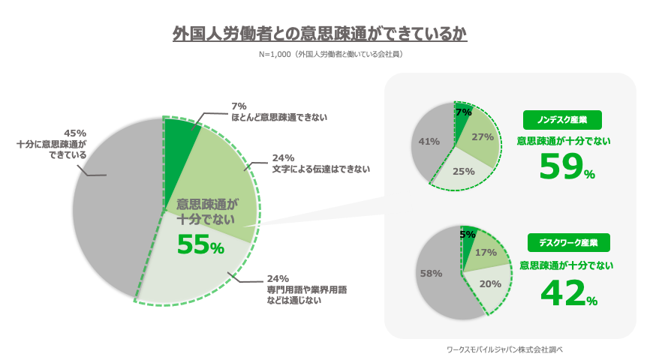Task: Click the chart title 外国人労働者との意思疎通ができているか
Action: point(324,34)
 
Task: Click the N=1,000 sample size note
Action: point(324,55)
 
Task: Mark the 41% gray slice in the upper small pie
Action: point(429,142)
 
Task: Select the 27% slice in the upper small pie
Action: point(482,138)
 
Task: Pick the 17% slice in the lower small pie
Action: point(484,253)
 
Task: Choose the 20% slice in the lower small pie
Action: point(489,284)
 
